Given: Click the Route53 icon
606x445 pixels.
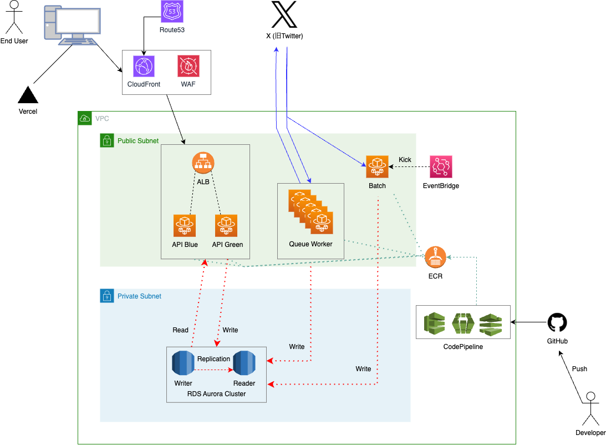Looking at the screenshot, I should [x=171, y=11].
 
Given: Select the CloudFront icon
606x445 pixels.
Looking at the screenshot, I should [x=144, y=66].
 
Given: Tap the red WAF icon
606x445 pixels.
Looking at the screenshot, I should [x=188, y=66].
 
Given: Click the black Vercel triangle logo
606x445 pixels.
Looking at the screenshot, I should [x=28, y=95].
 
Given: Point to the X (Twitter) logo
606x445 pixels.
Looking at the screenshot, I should [x=284, y=14].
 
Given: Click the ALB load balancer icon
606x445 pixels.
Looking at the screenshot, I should [x=203, y=163].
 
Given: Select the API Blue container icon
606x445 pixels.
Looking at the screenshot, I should [x=184, y=226].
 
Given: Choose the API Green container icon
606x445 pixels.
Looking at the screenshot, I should [x=226, y=226].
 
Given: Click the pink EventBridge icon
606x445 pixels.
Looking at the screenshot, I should [x=441, y=166].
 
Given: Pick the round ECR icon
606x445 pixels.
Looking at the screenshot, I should [x=436, y=257].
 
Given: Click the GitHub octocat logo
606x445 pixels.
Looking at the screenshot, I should [x=558, y=323].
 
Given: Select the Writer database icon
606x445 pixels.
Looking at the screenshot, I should [x=183, y=363].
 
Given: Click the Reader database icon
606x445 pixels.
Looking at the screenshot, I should [x=244, y=363].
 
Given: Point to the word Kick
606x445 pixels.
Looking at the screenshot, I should [x=405, y=160].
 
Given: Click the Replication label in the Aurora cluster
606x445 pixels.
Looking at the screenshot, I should [x=213, y=359].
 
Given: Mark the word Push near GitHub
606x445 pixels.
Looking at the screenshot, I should [x=579, y=369].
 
